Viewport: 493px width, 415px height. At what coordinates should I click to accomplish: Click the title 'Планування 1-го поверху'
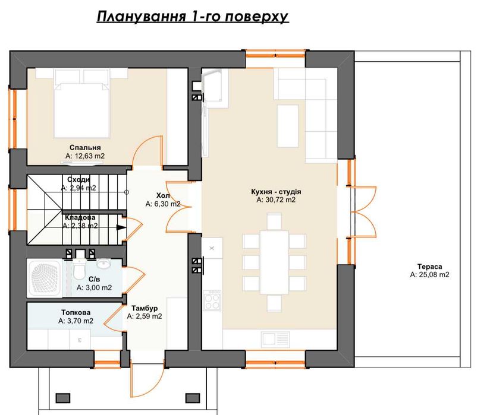coord(193,16)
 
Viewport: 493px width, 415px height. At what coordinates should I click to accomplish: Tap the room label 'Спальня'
coord(84,147)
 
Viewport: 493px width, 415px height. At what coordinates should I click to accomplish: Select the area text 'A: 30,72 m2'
coord(276,201)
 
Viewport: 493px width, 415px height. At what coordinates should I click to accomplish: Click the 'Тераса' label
coord(429,266)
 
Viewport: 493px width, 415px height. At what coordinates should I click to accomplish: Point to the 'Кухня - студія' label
coord(276,192)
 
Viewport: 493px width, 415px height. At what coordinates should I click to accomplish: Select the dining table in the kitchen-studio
coord(274,262)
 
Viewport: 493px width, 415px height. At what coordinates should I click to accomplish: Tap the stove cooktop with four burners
coord(212,300)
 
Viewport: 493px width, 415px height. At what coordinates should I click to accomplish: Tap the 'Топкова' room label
coord(76,312)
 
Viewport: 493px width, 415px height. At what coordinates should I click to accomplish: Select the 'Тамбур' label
coord(144,308)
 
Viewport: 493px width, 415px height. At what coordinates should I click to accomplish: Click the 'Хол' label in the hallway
coord(162,195)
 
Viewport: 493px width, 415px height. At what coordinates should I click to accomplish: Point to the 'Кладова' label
coord(80,217)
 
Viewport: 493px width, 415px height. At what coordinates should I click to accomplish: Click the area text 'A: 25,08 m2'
coord(429,275)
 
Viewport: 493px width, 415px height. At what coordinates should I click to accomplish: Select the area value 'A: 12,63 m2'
coord(85,156)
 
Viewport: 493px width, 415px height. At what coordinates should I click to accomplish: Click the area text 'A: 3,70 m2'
coord(76,321)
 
